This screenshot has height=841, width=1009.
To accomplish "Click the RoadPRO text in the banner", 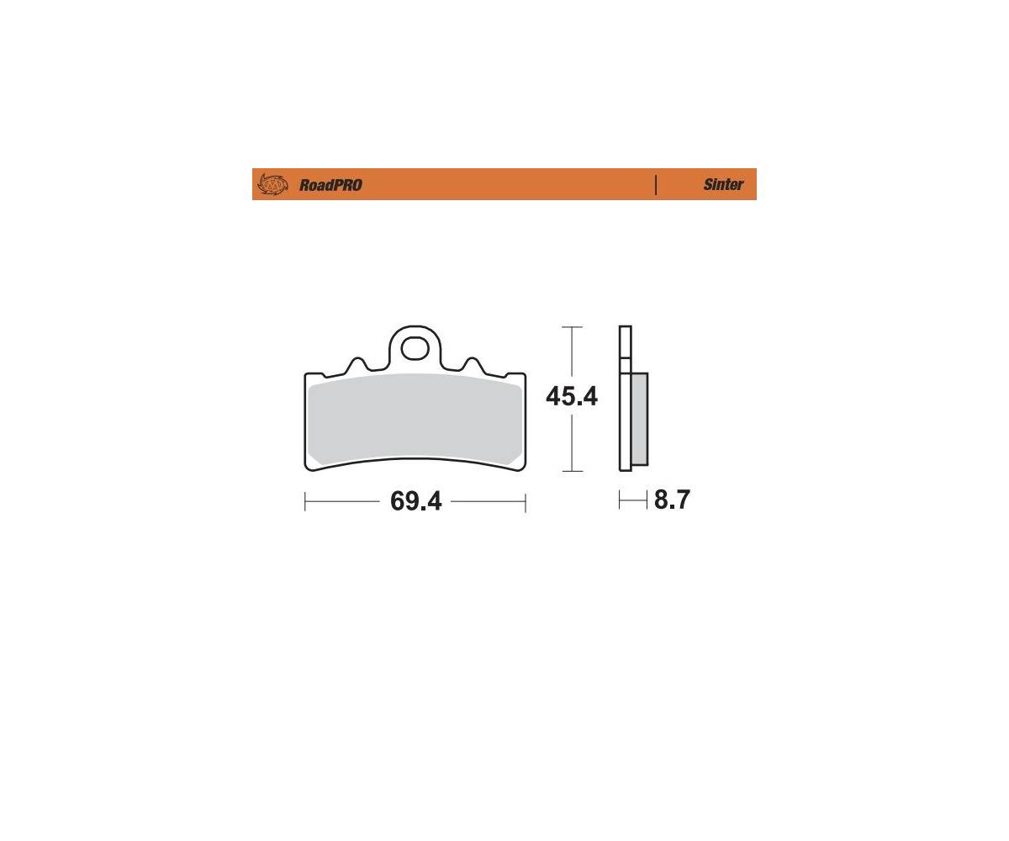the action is [x=330, y=185].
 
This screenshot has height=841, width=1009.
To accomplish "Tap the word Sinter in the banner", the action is [x=723, y=184].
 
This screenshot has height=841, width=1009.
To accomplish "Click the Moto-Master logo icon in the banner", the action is [x=272, y=184].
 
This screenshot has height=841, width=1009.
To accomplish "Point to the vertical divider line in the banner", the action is [x=655, y=185].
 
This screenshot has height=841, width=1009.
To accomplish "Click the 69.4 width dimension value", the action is [x=415, y=501].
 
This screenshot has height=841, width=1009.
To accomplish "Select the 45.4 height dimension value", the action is [x=572, y=397].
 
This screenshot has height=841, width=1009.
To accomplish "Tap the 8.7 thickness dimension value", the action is [x=672, y=500].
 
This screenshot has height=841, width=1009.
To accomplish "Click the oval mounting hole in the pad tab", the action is [x=415, y=350].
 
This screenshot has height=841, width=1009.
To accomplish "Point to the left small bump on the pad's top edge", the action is [x=357, y=365].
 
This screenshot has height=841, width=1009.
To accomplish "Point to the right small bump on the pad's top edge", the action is [x=473, y=365].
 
